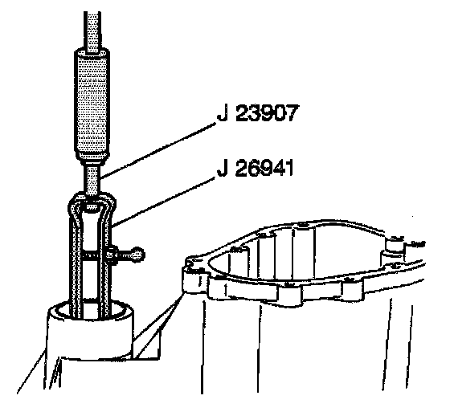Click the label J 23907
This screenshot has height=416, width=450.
click(x=257, y=113)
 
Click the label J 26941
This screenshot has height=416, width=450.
click(x=256, y=168)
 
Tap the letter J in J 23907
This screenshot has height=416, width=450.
click(x=222, y=113)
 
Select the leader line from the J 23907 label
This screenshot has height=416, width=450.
click(x=157, y=150)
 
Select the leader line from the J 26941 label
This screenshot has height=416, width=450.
click(x=164, y=202)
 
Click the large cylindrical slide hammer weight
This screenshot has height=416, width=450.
click(x=92, y=104)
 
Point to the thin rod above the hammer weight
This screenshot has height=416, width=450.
click(x=92, y=32)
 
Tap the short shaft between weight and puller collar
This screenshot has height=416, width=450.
click(x=92, y=178)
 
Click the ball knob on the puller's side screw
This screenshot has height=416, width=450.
click(x=138, y=255)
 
